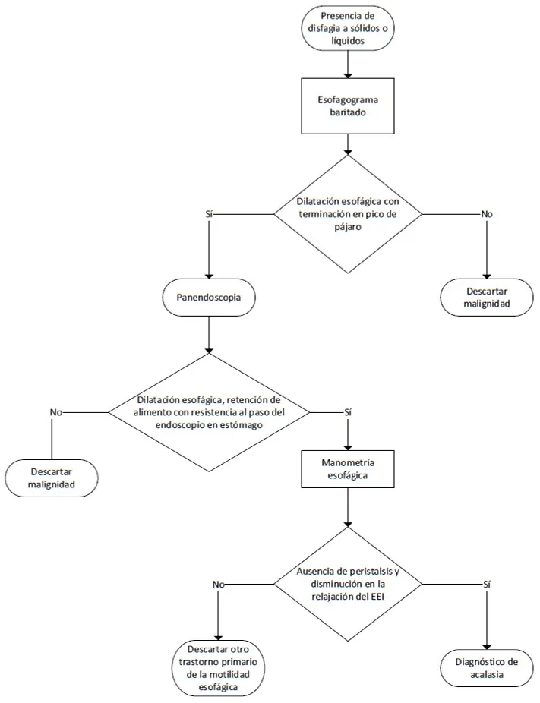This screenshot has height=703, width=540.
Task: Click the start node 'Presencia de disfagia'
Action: (x=348, y=28)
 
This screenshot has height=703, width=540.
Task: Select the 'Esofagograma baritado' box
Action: (x=348, y=106)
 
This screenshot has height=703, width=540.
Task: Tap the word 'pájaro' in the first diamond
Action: (x=348, y=227)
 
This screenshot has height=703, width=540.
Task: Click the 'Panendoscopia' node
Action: (x=209, y=298)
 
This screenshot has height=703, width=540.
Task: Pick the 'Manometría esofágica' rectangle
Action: (x=348, y=469)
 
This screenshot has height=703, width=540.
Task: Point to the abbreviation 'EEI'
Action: (x=377, y=597)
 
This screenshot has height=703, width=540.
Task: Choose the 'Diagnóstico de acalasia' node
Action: (x=487, y=668)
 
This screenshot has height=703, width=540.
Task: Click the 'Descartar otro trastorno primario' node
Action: (x=218, y=668)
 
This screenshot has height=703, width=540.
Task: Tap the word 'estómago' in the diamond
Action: (x=242, y=425)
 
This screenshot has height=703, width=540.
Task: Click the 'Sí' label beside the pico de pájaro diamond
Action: (x=209, y=214)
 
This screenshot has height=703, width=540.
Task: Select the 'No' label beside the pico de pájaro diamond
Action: (x=487, y=214)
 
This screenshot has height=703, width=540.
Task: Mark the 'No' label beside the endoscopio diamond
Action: (x=56, y=412)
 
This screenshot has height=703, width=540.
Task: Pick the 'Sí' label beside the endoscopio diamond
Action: (x=348, y=412)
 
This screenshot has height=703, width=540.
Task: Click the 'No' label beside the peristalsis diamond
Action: (x=218, y=585)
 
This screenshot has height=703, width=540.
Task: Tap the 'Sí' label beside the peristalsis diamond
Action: (x=487, y=585)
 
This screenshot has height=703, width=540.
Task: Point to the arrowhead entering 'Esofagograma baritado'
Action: (x=348, y=74)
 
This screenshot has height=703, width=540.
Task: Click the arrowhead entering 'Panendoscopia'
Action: (x=209, y=276)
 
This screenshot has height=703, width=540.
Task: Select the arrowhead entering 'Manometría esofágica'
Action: (x=348, y=446)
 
